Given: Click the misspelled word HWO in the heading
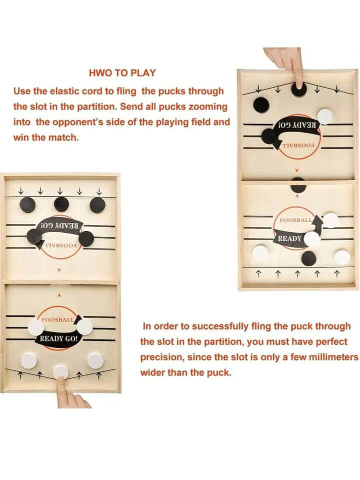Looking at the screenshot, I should (99, 73).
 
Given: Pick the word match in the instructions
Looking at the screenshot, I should (65, 137).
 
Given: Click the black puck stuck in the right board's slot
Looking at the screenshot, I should (298, 186).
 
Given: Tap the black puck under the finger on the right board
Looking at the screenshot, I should (299, 90).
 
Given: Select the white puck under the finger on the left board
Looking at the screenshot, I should (60, 371).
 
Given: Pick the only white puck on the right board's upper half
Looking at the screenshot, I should (324, 117).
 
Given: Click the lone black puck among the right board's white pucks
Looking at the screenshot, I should (309, 258).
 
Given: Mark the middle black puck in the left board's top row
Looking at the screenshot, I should (61, 204).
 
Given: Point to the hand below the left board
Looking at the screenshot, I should (70, 395).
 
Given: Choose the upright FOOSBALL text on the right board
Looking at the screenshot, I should (295, 220).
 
